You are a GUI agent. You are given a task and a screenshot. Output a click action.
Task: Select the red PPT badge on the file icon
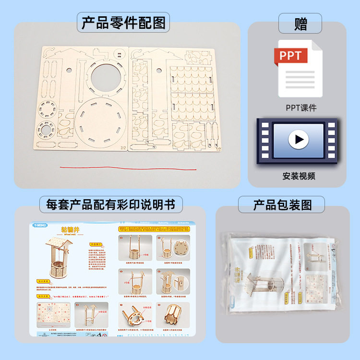[x=291, y=56]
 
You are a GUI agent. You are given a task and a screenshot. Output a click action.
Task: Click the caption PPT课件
[x=301, y=108]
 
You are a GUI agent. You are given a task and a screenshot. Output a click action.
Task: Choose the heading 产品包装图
[x=282, y=205]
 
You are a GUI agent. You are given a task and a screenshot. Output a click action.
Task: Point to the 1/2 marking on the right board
[x=218, y=149]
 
